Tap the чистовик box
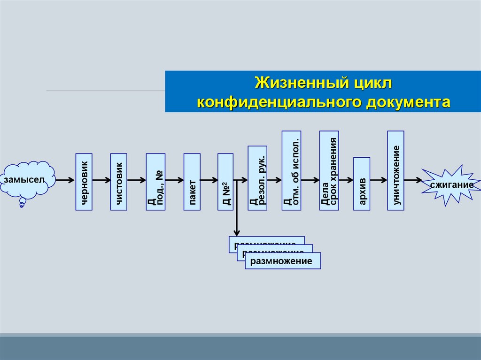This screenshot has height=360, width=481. tap(118, 181)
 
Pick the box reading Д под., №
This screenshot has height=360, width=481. tap(155, 181)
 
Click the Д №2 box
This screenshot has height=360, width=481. tap(225, 181)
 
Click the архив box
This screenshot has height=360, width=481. tap(362, 183)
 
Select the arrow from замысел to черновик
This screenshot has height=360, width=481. tap(65, 180)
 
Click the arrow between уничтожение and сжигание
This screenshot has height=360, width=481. tap(413, 180)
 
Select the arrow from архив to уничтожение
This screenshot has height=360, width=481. tap(379, 180)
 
